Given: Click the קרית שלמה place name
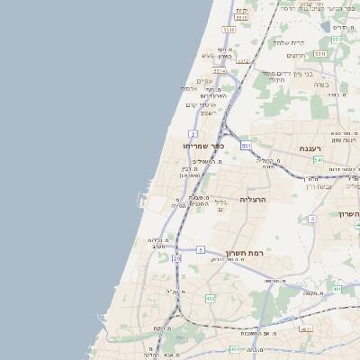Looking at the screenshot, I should (314, 42).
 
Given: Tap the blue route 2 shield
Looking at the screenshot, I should (193, 134).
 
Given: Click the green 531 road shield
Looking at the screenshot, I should (246, 144).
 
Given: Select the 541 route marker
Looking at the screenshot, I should (318, 160).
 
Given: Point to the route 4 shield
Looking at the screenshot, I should (311, 219).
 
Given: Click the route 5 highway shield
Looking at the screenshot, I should (201, 248).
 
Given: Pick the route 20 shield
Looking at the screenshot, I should (176, 258).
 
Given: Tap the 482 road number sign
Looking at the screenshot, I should (210, 298).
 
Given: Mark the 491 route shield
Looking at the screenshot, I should (337, 290).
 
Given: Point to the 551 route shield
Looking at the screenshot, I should (335, 40).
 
